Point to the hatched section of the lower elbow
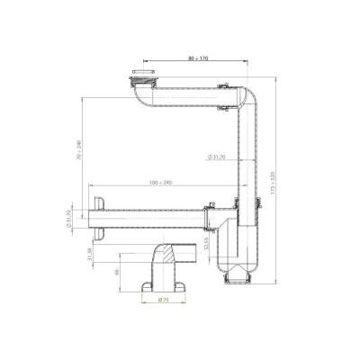[x=163, y=261]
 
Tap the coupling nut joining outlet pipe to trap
[x=209, y=216]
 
